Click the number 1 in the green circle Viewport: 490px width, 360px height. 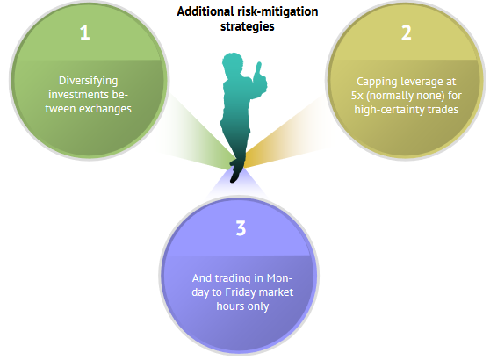pos(84,32)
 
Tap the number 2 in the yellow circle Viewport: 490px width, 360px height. pos(407,32)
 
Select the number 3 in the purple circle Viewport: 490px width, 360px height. pos(241,228)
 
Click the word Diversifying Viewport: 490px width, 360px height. pos(89,81)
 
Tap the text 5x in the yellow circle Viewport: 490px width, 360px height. pos(357,96)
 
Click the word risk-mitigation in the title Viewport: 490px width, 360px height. pos(277,12)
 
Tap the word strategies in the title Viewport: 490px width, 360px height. pos(247,26)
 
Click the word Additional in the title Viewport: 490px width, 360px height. pos(205,11)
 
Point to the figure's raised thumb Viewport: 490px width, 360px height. pos(259,68)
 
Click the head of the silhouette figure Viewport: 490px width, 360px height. pos(233,63)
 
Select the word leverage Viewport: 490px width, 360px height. pos(422,83)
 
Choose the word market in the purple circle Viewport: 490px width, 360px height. pos(277,292)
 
